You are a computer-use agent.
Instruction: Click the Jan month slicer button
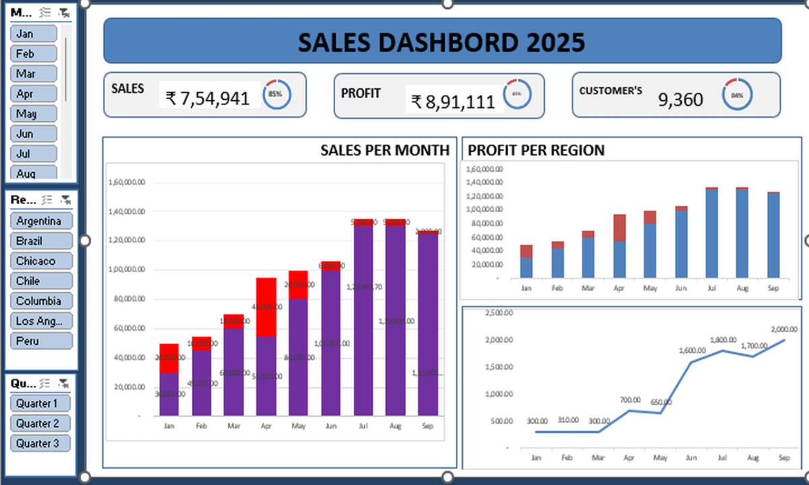click(33, 34)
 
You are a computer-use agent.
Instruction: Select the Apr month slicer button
click(33, 94)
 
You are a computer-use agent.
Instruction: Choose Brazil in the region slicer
click(41, 240)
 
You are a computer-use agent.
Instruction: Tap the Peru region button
click(41, 341)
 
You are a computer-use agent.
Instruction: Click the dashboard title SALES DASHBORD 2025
click(442, 42)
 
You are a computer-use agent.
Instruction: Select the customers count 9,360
click(680, 100)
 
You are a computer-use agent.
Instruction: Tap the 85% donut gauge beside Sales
click(276, 94)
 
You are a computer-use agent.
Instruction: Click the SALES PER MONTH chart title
click(385, 150)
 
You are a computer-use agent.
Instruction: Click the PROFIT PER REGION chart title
click(536, 150)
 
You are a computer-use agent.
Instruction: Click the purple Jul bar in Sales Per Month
click(363, 323)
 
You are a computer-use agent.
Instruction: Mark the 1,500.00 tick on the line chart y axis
click(500, 367)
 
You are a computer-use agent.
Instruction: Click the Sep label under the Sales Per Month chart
click(427, 426)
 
